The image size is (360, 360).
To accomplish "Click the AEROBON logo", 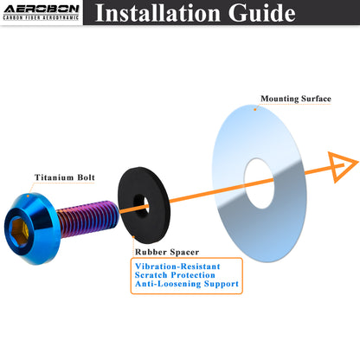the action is point(42,12).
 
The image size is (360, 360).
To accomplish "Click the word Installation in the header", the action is point(157,13).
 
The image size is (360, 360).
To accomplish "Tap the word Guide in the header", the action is point(262,13).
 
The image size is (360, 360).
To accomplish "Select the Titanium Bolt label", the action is point(65,177).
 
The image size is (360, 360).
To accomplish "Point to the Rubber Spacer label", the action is point(167,252).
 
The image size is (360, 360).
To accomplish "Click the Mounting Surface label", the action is point(296,99).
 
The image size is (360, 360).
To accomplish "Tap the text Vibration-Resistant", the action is point(177,266).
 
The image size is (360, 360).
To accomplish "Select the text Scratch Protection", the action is point(175,275).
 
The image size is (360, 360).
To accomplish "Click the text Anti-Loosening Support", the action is point(187,284).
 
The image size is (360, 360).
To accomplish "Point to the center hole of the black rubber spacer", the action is point(142,206).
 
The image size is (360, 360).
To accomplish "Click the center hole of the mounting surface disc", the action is point(259,183).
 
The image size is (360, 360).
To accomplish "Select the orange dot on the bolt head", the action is point(28,196).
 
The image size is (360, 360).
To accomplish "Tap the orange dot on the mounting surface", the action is point(255,109).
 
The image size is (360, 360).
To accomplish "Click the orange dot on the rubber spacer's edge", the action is point(133,237).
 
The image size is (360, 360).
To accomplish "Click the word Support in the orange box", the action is point(222,284).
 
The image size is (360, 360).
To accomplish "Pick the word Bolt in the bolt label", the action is point(86,177).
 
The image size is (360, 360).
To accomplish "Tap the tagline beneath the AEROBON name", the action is point(41,17).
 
